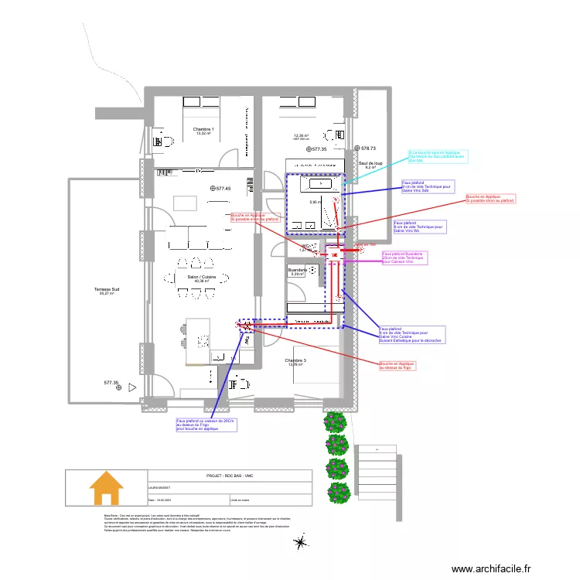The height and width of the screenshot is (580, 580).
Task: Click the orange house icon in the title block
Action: point(106,488)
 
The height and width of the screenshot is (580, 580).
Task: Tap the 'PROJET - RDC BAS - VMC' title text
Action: point(230,476)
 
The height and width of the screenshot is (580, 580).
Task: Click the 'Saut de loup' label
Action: point(370,164)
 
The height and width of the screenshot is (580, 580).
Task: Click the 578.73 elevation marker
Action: point(367,148)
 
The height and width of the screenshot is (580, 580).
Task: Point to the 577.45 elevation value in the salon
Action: point(223,189)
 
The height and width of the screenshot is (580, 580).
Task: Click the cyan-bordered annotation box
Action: point(438,157)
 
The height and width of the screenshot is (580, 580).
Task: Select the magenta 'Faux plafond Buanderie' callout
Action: point(404,258)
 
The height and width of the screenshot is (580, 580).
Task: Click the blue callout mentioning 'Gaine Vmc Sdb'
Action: point(426,186)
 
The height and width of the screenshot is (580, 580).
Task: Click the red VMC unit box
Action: point(335,254)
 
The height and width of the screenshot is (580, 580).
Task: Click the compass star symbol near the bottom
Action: point(299,544)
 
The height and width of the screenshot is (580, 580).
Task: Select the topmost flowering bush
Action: point(334,421)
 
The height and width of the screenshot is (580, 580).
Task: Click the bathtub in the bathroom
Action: point(319,185)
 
